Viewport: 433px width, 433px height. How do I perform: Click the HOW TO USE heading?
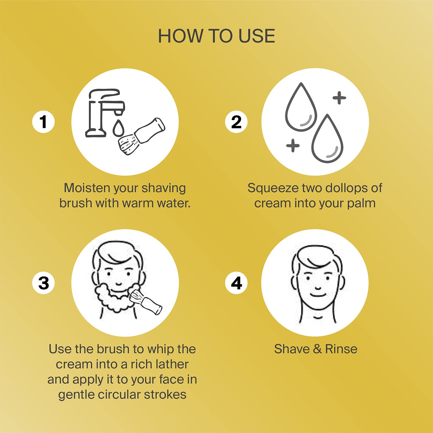coord(216,36)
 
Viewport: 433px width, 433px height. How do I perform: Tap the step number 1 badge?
coord(43,122)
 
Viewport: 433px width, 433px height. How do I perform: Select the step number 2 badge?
coord(236,122)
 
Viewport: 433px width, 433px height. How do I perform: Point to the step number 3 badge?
coord(43,283)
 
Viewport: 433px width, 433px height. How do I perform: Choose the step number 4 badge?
coord(236,283)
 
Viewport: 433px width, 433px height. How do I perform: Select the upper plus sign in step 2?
coord(339,98)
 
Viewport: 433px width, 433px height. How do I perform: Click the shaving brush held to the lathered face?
coord(146,302)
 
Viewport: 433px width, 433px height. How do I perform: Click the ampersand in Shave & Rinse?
coord(317,349)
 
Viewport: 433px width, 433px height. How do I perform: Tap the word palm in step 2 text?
coord(361,203)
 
